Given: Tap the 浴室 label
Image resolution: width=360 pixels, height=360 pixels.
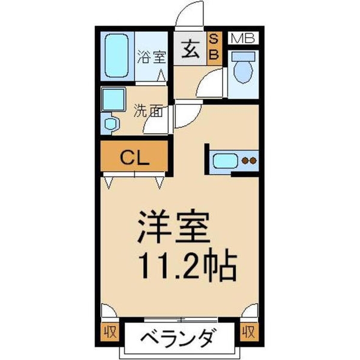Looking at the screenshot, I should point(151,58).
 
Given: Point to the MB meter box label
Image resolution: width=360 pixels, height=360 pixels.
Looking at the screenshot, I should point(243,39).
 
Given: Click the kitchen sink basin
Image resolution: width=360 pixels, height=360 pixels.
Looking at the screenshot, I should point(226,161).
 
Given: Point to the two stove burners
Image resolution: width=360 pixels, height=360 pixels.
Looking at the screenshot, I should point(248,161).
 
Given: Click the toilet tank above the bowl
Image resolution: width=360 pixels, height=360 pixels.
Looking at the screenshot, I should point(244,56).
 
